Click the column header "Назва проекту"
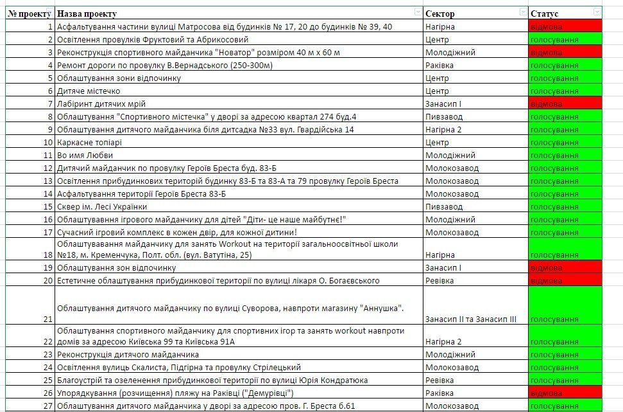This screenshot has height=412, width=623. pos(86,13)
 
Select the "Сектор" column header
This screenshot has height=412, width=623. pos(440,13)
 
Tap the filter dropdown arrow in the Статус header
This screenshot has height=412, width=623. pos(597,12)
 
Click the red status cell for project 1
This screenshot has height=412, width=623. pos(565,26)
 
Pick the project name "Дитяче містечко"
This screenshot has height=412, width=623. pos(88,91)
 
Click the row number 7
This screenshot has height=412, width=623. pos(49,103)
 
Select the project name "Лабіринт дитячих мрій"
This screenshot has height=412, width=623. pos(101,103)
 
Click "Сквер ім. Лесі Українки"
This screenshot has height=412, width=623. pos(102,206)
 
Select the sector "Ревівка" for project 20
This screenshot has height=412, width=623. pos(440,280)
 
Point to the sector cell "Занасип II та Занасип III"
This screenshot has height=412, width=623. pos(470,319)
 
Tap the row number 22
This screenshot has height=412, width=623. pos(48,341)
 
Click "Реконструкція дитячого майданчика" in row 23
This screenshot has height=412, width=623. pos(128,354)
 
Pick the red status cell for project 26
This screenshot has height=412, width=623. pos(565,393)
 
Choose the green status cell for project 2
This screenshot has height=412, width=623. pos(565,39)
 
